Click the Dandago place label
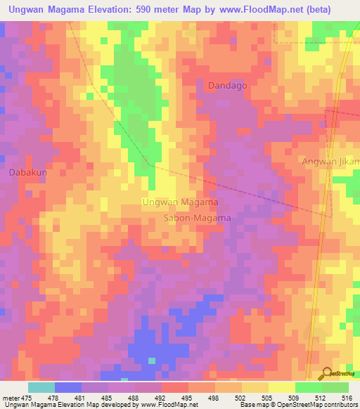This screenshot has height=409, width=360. click(x=228, y=85)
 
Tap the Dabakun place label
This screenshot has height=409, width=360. click(x=27, y=171)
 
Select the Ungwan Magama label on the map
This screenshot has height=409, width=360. click(x=179, y=202)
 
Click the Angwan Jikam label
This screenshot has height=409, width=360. click(x=331, y=162)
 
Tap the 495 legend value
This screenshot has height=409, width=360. click(x=188, y=398)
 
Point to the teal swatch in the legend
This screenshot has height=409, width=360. click(x=41, y=387)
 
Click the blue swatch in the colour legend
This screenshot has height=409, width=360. click(x=67, y=387)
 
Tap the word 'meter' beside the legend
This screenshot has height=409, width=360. click(x=12, y=398)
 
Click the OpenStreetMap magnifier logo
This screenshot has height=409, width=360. click(x=328, y=373)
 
